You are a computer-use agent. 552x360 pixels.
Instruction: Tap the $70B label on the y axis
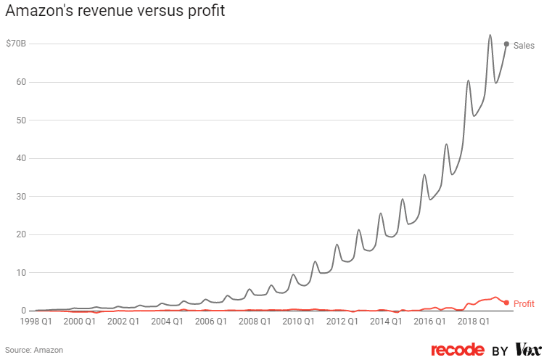pos(16,44)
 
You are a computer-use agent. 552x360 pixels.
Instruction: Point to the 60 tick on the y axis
pos(21,82)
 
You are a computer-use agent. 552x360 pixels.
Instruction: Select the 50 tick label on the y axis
pos(21,120)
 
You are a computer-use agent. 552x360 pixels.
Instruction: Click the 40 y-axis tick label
pos(21,158)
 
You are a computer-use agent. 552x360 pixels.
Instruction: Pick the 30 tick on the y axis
pos(21,196)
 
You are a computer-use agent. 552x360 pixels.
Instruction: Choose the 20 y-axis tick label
pos(21,234)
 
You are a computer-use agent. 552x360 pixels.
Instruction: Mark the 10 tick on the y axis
pos(21,273)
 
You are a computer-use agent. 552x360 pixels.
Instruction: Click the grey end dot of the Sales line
pos(506,44)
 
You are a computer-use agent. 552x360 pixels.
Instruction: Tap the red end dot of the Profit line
pos(506,303)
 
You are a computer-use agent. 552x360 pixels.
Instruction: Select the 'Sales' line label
pos(524,46)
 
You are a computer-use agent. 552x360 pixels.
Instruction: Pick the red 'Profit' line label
pos(524,303)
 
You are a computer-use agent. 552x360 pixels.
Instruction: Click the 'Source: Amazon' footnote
pos(34,350)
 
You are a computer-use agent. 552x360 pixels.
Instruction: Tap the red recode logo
pos(457,350)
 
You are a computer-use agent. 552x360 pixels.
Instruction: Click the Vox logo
pos(528,350)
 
